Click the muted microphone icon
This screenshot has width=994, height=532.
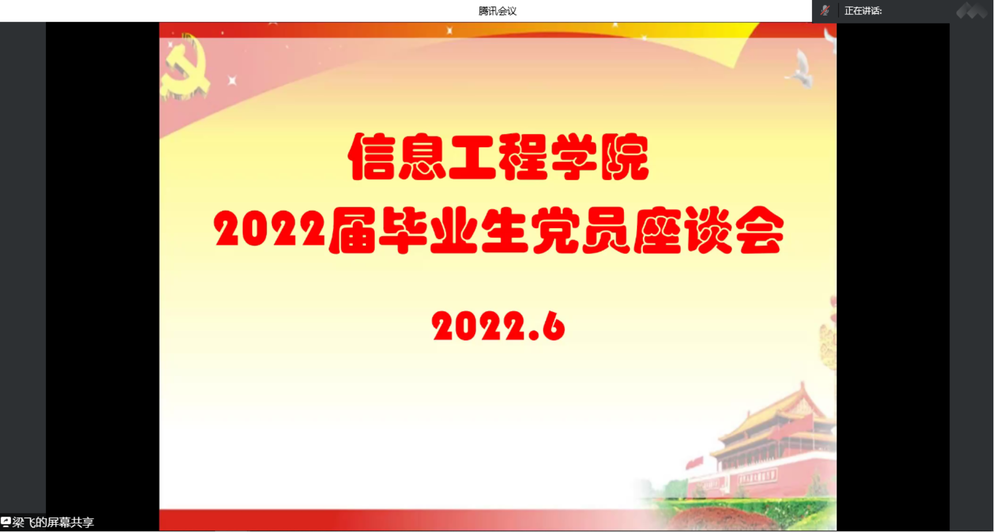pyautogui.click(x=825, y=10)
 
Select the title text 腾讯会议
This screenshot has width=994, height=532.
pyautogui.click(x=498, y=11)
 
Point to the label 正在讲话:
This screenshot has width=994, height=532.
pyautogui.click(x=863, y=11)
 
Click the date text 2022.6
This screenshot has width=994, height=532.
pyautogui.click(x=498, y=326)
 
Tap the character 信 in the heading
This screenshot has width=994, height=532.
pyautogui.click(x=371, y=156)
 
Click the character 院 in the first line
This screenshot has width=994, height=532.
pyautogui.click(x=625, y=156)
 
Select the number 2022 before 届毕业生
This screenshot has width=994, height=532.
pyautogui.click(x=269, y=229)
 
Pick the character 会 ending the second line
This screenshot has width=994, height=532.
pyautogui.click(x=760, y=230)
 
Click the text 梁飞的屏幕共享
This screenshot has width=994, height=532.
pyautogui.click(x=53, y=522)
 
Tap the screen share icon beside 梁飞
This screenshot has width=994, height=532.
pyautogui.click(x=6, y=522)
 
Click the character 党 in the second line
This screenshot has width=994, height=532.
pyautogui.click(x=554, y=230)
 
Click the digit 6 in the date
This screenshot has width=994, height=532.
pyautogui.click(x=553, y=326)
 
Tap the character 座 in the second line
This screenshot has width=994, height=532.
pyautogui.click(x=657, y=230)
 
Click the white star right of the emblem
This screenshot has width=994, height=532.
pyautogui.click(x=232, y=80)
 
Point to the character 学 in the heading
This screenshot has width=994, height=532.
pyautogui.click(x=574, y=156)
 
